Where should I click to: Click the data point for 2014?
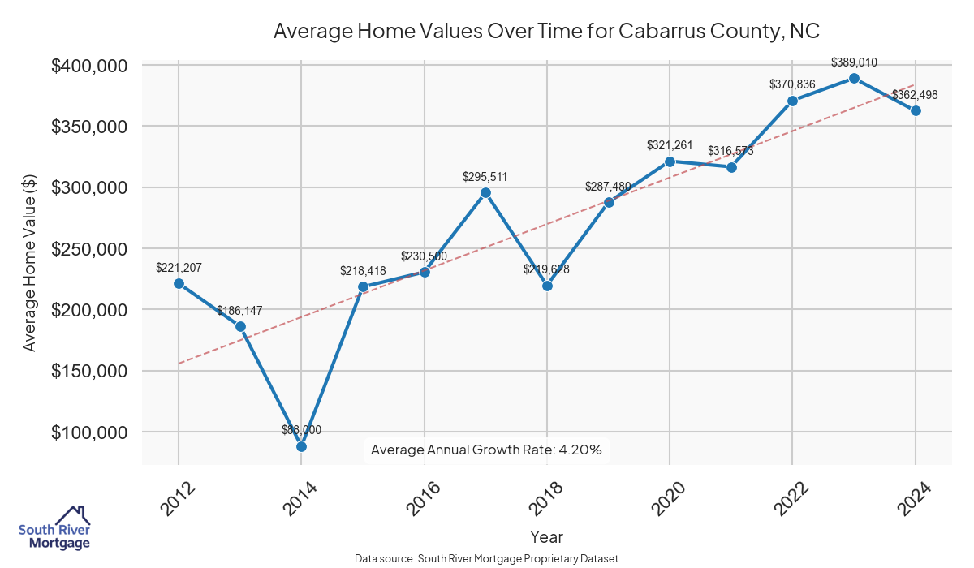pos(301,446)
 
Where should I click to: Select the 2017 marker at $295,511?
pos(485,192)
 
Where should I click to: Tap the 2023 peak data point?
pos(854,78)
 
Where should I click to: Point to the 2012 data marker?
pos(179,283)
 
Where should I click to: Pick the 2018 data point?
pos(547,286)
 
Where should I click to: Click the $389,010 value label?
pos(854,62)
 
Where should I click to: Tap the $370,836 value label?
pos(792,84)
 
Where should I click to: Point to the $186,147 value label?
pos(239,311)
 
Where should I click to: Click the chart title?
pos(546,31)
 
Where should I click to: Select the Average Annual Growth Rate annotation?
pos(486,450)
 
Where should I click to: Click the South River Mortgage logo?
pos(54,528)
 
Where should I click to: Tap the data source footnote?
pos(486,559)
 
